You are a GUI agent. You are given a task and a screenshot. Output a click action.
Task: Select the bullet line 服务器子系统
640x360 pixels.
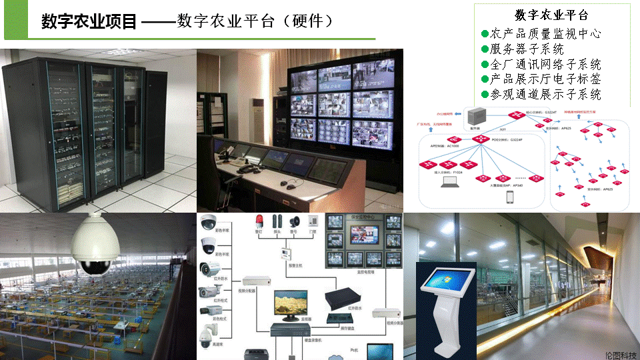[x=527, y=49]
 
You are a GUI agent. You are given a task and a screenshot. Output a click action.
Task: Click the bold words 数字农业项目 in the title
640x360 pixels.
[x=89, y=21]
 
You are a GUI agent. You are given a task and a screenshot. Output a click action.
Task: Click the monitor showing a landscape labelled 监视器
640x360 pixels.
[x=291, y=305]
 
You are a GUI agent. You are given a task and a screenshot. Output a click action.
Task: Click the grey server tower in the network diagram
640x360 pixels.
[x=476, y=114]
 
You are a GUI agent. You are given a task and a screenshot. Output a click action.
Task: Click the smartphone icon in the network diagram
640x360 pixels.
[x=510, y=197]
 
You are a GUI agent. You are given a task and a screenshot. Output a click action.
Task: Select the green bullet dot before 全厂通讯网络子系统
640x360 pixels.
[x=485, y=64]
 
